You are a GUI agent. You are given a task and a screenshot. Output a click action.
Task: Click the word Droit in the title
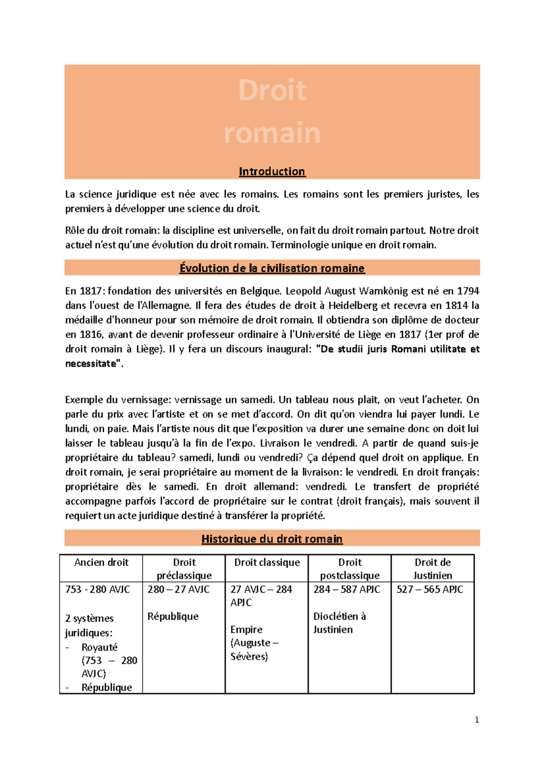coord(272,90)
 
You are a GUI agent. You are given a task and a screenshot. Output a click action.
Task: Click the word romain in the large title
coord(272,133)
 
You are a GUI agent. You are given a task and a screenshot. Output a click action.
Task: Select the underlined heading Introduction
coord(272,171)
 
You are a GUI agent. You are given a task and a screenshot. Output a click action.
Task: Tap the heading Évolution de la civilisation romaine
coord(272,268)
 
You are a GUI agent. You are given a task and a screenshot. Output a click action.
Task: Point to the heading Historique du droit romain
coord(272,539)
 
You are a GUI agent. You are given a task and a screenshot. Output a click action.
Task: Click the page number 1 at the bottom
coord(476,720)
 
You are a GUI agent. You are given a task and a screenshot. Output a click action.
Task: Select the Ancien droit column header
coord(101,562)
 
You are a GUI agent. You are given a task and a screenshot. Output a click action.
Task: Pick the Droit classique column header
coord(267,562)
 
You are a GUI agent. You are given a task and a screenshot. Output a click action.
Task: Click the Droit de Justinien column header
coord(432,569)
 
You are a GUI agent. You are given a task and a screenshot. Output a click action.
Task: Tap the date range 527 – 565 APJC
coord(430,589)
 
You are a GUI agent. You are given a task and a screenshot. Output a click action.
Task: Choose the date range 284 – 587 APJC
coord(347,589)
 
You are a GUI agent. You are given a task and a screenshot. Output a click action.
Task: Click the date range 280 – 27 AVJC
coord(179,589)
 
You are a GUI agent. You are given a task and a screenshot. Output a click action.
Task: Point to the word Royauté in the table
coord(99,647)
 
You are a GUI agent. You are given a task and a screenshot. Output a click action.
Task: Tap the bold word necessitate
coord(91,364)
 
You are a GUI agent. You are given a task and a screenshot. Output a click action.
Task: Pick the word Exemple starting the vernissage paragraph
coord(84,400)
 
